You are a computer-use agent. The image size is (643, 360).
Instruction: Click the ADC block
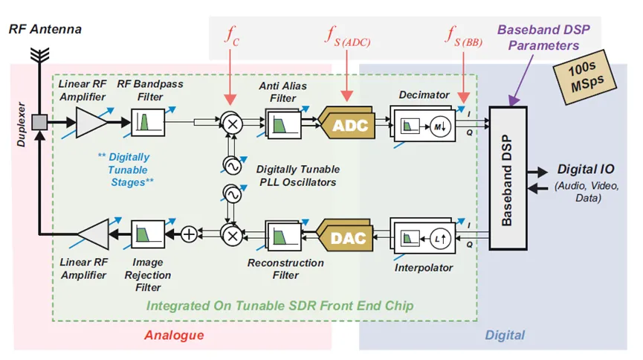350,124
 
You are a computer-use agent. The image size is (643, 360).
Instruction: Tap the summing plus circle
190,234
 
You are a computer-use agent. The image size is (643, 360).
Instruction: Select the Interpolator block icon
420,237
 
